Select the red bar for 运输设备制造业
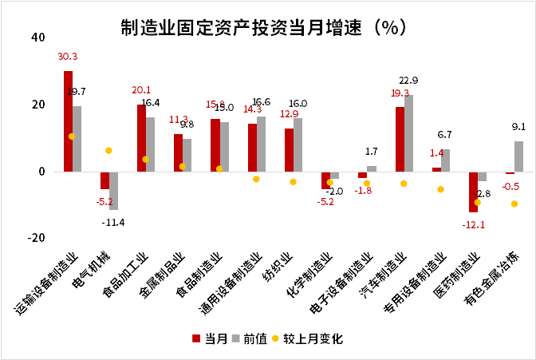click(x=68, y=121)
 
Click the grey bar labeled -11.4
click(x=114, y=190)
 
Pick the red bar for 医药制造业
click(x=473, y=192)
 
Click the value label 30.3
click(x=67, y=57)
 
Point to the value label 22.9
click(x=408, y=81)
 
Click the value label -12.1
click(x=472, y=224)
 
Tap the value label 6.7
click(x=445, y=135)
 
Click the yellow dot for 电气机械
click(x=108, y=150)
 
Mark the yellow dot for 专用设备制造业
click(x=440, y=189)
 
